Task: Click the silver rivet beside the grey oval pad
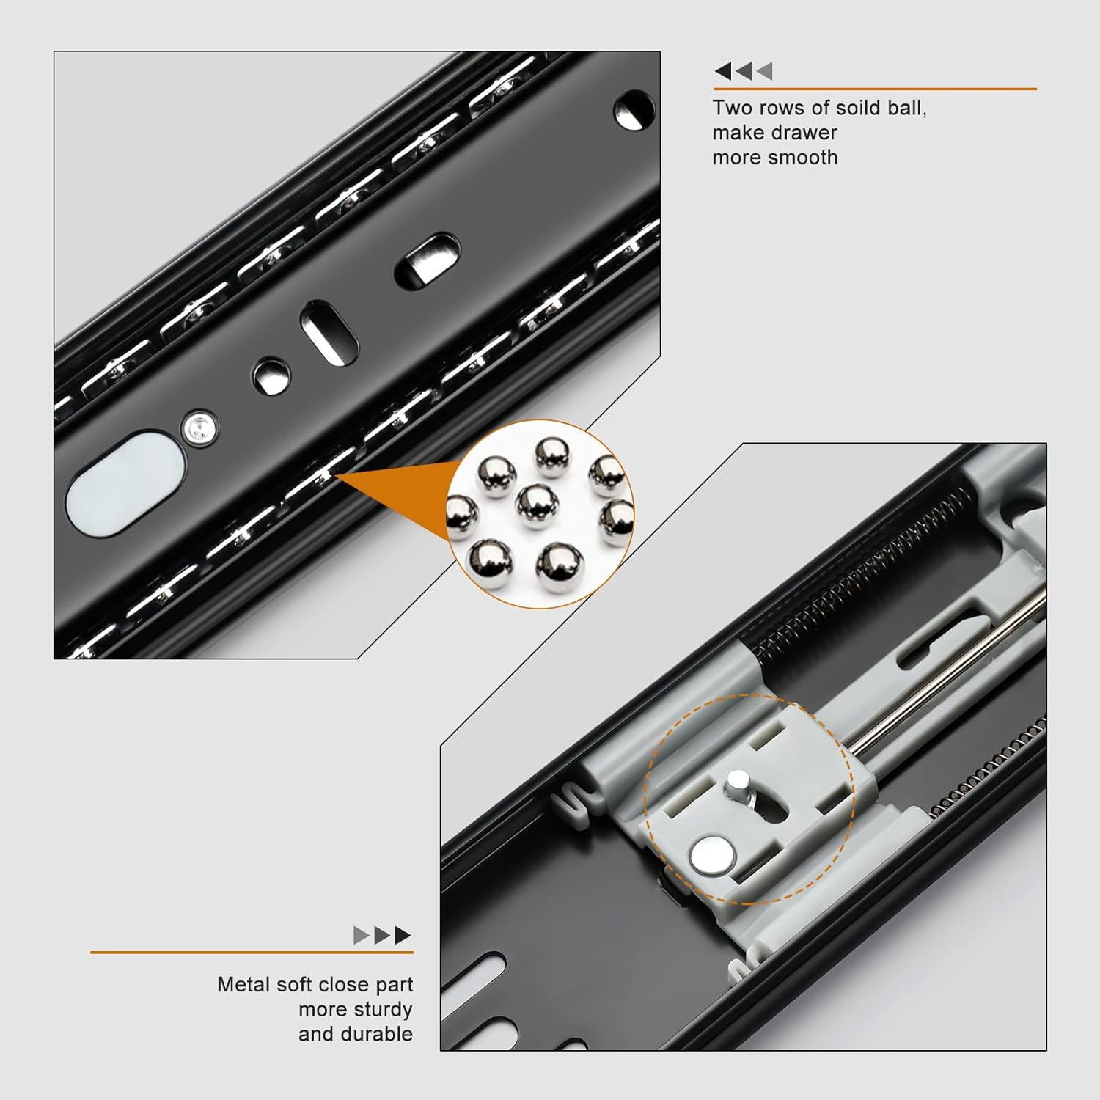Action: click(198, 428)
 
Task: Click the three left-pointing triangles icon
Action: click(744, 71)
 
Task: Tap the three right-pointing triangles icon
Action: click(382, 935)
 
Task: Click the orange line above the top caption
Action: click(875, 89)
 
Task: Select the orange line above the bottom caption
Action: click(252, 953)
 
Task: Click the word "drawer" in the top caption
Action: click(804, 133)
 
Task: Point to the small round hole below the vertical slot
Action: click(271, 376)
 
